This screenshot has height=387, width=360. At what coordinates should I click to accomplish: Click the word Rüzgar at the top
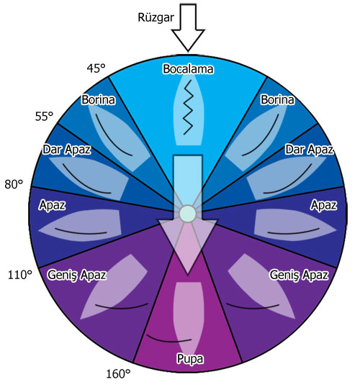pyautogui.click(x=156, y=18)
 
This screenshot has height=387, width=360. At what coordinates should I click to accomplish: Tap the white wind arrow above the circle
pyautogui.click(x=188, y=27)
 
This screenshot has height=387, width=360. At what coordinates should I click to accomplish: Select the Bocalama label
pyautogui.click(x=188, y=69)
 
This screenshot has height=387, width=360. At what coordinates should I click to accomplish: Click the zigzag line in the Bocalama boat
pyautogui.click(x=188, y=107)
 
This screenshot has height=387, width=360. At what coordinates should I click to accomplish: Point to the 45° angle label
pyautogui.click(x=96, y=68)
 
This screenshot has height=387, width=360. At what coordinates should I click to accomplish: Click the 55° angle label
pyautogui.click(x=44, y=117)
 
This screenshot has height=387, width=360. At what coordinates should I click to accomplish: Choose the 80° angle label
pyautogui.click(x=14, y=184)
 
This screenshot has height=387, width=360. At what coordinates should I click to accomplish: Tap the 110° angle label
pyautogui.click(x=20, y=275)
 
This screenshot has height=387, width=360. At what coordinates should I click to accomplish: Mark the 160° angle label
pyautogui.click(x=118, y=374)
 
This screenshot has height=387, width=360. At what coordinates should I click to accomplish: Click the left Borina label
pyautogui.click(x=99, y=100)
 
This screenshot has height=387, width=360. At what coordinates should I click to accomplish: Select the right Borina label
pyautogui.click(x=277, y=100)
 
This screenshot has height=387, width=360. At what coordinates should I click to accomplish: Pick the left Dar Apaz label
pyautogui.click(x=67, y=150)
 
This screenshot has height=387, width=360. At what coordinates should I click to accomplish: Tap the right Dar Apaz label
pyautogui.click(x=310, y=150)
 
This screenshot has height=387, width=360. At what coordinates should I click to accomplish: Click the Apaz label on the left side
pyautogui.click(x=53, y=205)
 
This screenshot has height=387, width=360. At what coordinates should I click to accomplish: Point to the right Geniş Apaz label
pyautogui.click(x=299, y=275)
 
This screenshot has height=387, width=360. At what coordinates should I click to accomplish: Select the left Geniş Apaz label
pyautogui.click(x=77, y=275)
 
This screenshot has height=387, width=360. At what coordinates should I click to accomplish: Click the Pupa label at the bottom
pyautogui.click(x=190, y=359)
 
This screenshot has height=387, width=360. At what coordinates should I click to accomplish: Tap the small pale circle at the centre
pyautogui.click(x=187, y=214)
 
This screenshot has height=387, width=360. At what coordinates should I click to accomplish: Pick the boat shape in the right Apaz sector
pyautogui.click(x=294, y=225)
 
